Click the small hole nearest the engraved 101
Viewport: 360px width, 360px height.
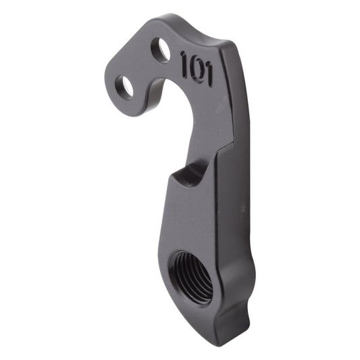[x=161, y=49]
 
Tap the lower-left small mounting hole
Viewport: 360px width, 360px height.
[x=124, y=86]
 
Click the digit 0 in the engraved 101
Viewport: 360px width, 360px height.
[x=196, y=68]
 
